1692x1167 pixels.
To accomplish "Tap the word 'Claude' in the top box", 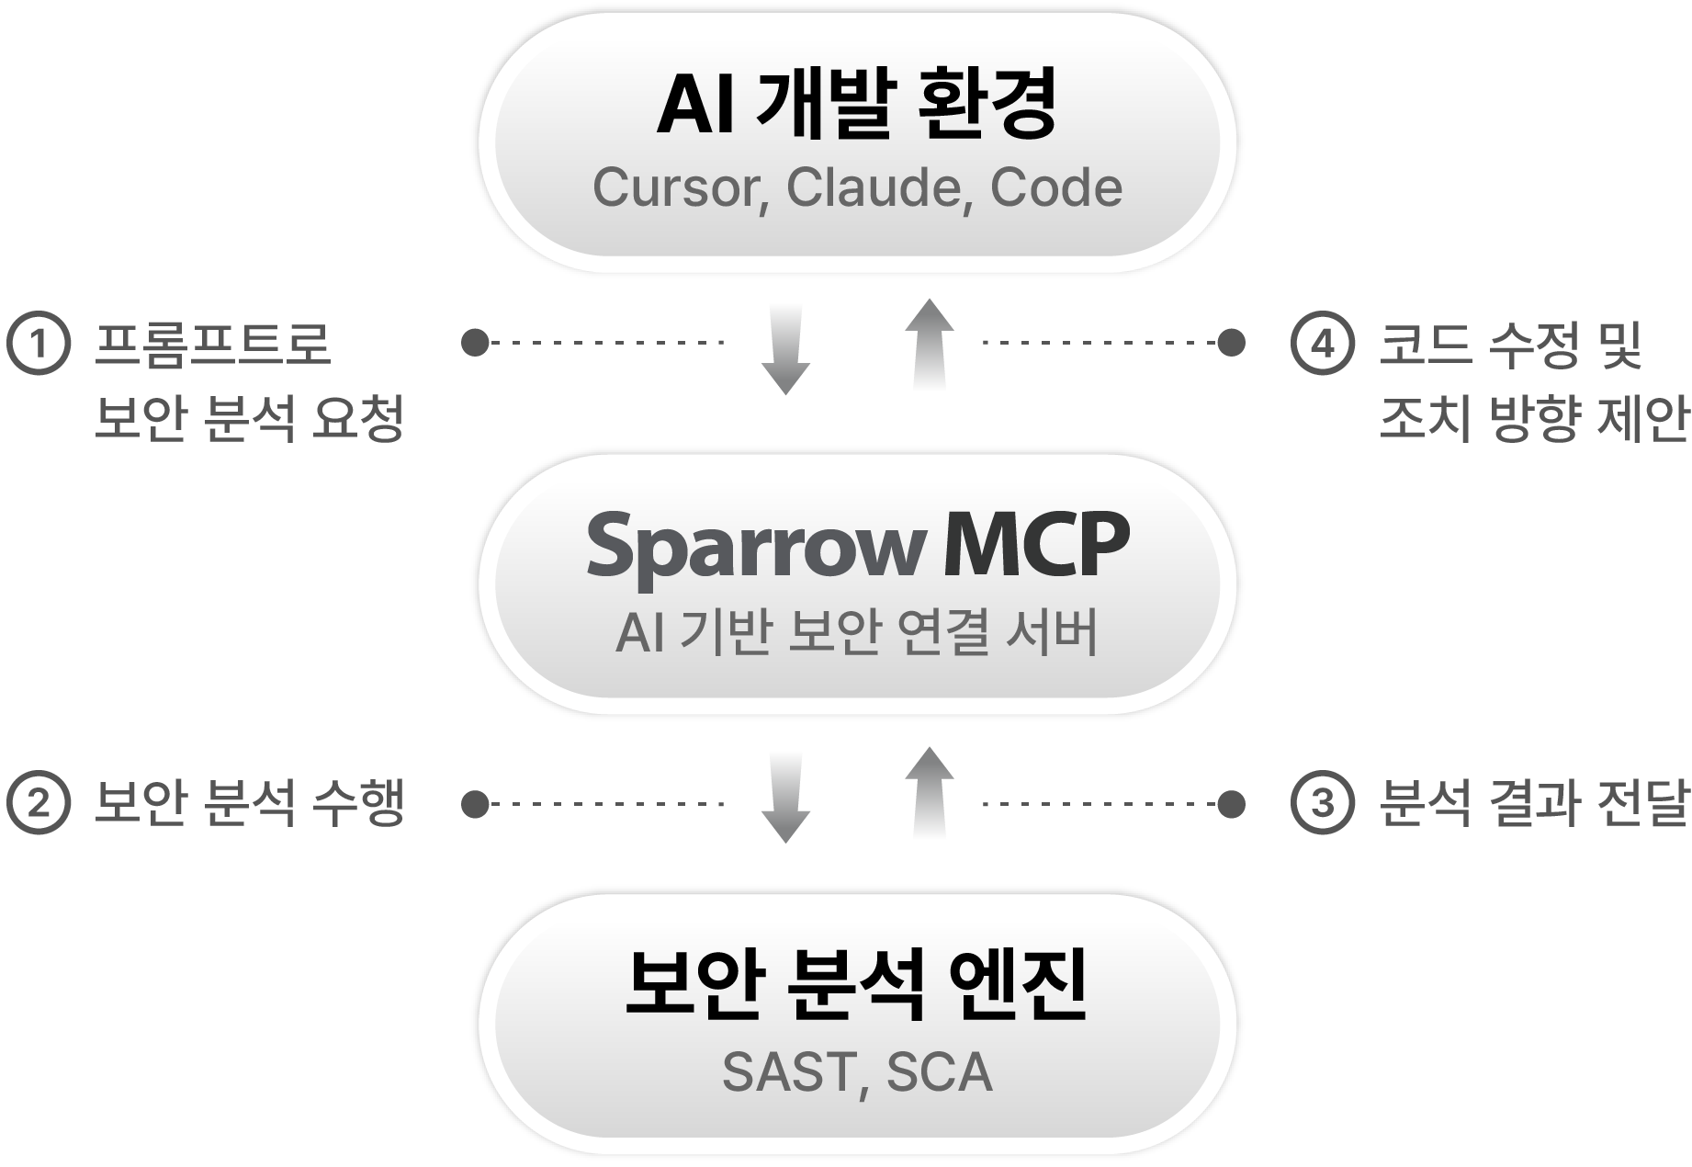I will [x=868, y=187].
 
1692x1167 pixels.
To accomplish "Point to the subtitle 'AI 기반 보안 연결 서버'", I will [x=856, y=633].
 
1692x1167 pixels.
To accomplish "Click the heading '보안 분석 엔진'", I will [x=856, y=986].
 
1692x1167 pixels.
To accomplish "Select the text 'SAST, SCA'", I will [x=856, y=1071].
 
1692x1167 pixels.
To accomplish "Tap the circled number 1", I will [x=39, y=344].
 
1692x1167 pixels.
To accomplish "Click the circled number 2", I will [x=39, y=804].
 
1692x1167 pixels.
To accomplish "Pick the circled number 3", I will [x=1322, y=804].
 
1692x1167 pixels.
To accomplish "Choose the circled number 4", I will [x=1322, y=344].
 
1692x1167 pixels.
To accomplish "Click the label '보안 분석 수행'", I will [x=250, y=804].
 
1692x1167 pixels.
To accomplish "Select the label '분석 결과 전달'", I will [x=1534, y=804].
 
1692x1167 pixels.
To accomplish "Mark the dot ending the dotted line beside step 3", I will [x=1232, y=804].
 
